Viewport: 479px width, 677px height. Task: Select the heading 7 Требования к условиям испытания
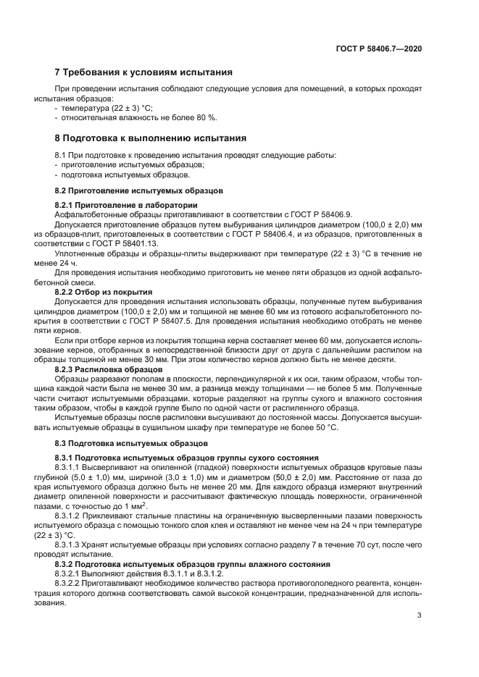(143, 72)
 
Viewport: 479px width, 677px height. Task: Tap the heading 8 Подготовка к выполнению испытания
(151, 138)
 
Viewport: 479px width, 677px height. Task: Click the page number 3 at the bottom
(420, 616)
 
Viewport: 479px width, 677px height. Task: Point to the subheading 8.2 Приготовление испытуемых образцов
(138, 190)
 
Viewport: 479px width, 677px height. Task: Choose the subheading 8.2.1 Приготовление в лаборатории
(125, 206)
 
